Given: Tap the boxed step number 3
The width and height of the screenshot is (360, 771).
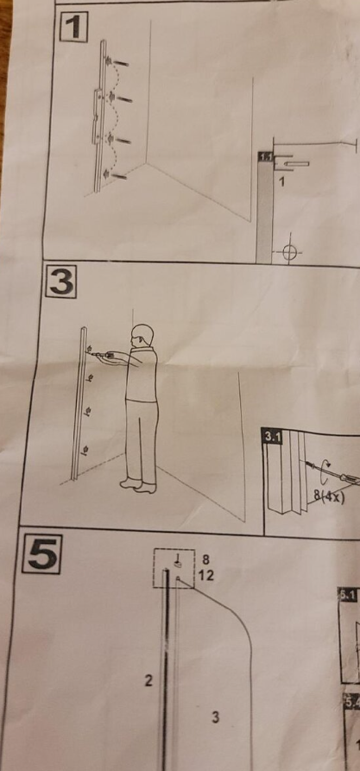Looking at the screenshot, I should (x=60, y=282).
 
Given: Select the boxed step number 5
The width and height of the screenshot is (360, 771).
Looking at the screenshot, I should (x=42, y=553).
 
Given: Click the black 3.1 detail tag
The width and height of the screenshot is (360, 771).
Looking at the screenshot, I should (x=272, y=438).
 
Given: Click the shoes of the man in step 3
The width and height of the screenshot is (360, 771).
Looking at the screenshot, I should (x=138, y=485).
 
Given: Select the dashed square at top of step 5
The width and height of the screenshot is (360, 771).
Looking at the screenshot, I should (x=173, y=567).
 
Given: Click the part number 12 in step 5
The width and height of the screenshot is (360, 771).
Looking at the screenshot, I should (x=205, y=575).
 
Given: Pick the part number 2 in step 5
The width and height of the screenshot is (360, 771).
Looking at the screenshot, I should (x=148, y=681).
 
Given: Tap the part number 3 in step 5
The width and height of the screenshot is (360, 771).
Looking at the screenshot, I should (x=215, y=716).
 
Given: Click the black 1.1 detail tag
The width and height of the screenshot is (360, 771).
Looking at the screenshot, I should (x=265, y=157).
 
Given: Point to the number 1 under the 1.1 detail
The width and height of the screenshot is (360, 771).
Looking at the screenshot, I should (x=281, y=182).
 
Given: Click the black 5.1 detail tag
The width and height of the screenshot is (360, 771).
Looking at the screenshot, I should (x=346, y=594).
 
